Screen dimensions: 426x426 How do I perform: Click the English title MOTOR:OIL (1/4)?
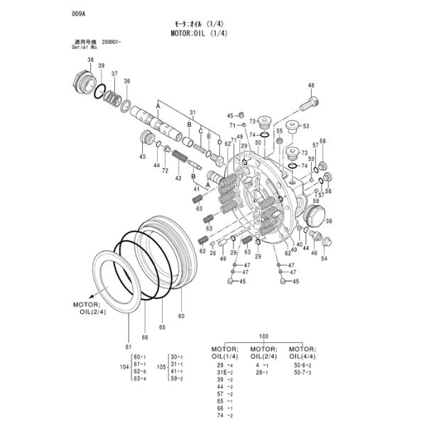(200, 33)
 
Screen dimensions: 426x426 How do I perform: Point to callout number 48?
(311, 86)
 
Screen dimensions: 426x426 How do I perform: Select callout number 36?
(126, 81)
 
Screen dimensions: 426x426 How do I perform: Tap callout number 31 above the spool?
(192, 112)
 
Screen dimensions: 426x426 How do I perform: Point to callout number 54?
(324, 258)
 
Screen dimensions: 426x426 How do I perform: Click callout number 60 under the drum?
(181, 315)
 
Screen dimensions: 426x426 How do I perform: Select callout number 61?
(129, 346)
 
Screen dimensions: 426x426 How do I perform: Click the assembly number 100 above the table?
(263, 335)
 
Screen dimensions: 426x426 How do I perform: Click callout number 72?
(165, 171)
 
